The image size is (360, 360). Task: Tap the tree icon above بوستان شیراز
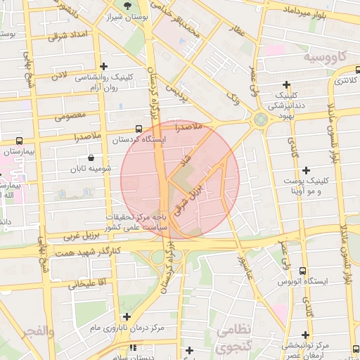127,6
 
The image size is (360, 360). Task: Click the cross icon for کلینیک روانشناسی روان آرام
104,66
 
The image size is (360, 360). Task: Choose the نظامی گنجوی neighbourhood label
233,338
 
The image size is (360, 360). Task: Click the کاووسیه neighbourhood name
324,55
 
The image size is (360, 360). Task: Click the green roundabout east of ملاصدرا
260,120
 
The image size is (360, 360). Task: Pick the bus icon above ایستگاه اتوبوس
303,271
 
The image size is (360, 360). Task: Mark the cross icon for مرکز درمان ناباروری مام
126,316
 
